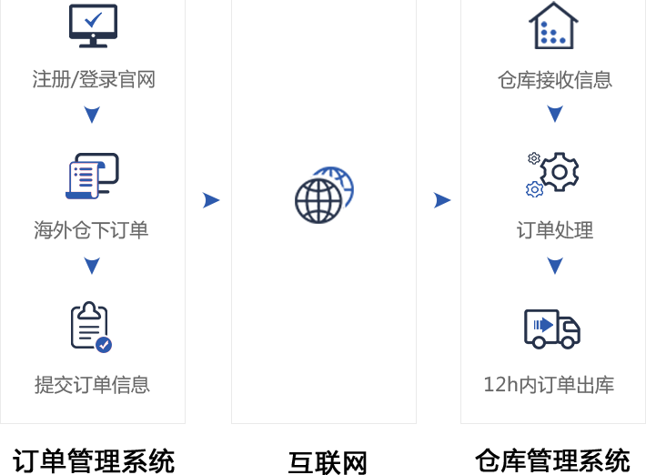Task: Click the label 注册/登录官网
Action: point(94,79)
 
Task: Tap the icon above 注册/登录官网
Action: point(93,24)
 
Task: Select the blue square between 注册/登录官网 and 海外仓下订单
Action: point(92,115)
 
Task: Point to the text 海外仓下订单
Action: point(91,230)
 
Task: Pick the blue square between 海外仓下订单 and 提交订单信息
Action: point(92,266)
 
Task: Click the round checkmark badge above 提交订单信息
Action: point(104,345)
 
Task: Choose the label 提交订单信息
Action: point(92,384)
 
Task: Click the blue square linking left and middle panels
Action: point(211,200)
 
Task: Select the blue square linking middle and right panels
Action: point(442,200)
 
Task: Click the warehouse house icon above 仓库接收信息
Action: point(553,25)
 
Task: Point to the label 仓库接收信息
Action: point(554,80)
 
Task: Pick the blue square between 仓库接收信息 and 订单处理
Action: point(555,114)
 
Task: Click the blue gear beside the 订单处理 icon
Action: point(534,189)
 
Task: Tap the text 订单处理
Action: point(554,230)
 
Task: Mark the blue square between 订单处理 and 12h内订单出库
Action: point(555,266)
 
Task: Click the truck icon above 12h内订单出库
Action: point(551,328)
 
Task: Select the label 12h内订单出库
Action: point(549,385)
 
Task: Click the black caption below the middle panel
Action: point(327,461)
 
